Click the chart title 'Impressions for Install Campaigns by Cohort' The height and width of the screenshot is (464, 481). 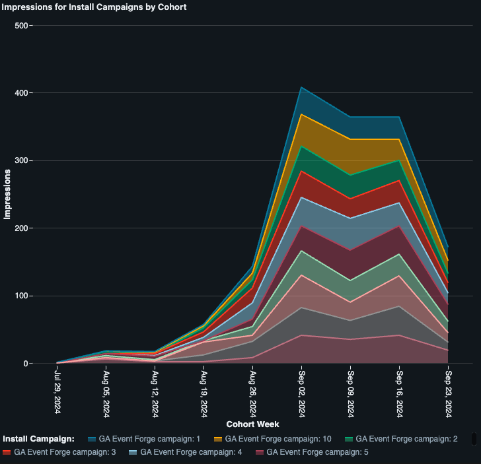94,7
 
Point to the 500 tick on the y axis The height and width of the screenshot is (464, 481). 22,26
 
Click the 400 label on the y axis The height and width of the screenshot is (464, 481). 22,93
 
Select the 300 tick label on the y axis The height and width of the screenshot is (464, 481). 22,161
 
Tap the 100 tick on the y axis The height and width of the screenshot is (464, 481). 22,296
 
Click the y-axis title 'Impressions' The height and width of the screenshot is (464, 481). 7,194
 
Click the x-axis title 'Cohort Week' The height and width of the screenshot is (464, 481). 252,424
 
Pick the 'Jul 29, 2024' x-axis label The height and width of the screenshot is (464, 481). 57,392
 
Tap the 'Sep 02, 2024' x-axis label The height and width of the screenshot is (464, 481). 301,392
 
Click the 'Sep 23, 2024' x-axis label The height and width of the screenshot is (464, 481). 448,392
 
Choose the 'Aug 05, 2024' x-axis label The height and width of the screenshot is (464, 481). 106,392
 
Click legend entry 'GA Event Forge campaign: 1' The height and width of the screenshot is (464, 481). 140,439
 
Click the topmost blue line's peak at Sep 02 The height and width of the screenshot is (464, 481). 301,87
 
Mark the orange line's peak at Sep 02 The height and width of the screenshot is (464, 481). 301,114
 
